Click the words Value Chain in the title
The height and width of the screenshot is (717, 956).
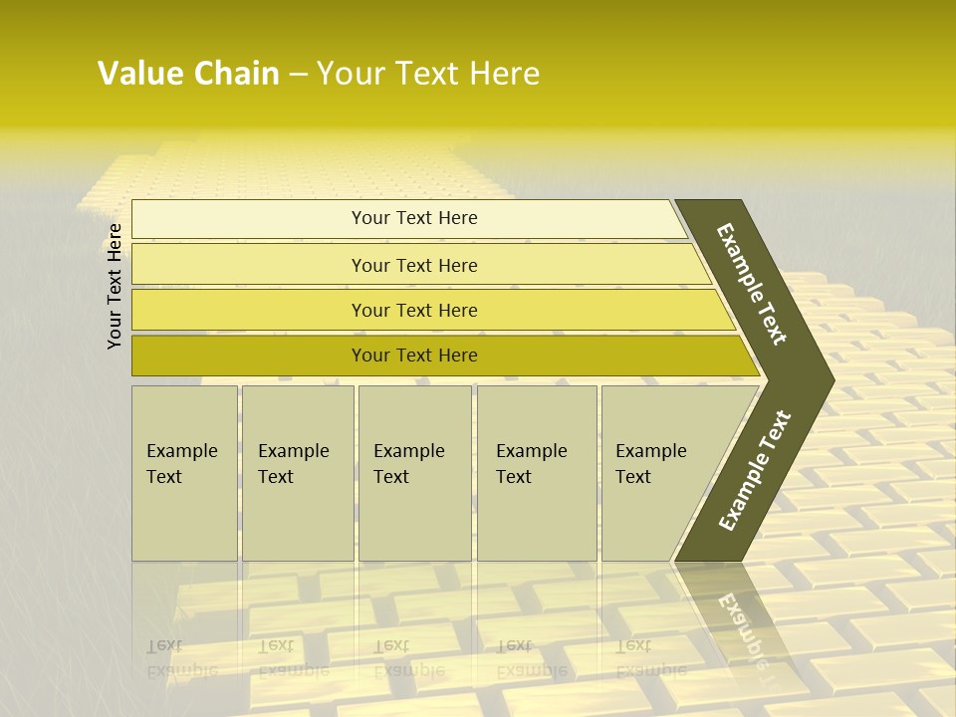pyautogui.click(x=188, y=74)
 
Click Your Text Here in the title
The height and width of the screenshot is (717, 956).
pyautogui.click(x=428, y=74)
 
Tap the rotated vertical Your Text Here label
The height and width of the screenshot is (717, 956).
pyautogui.click(x=115, y=287)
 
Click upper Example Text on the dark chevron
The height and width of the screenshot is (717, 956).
pyautogui.click(x=753, y=284)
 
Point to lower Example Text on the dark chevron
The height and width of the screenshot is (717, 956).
pyautogui.click(x=755, y=470)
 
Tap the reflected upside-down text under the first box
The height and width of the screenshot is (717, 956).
pyautogui.click(x=182, y=658)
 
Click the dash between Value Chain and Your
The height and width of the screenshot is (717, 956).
pyautogui.click(x=298, y=75)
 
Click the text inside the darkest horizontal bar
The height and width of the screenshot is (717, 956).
pyautogui.click(x=414, y=356)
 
